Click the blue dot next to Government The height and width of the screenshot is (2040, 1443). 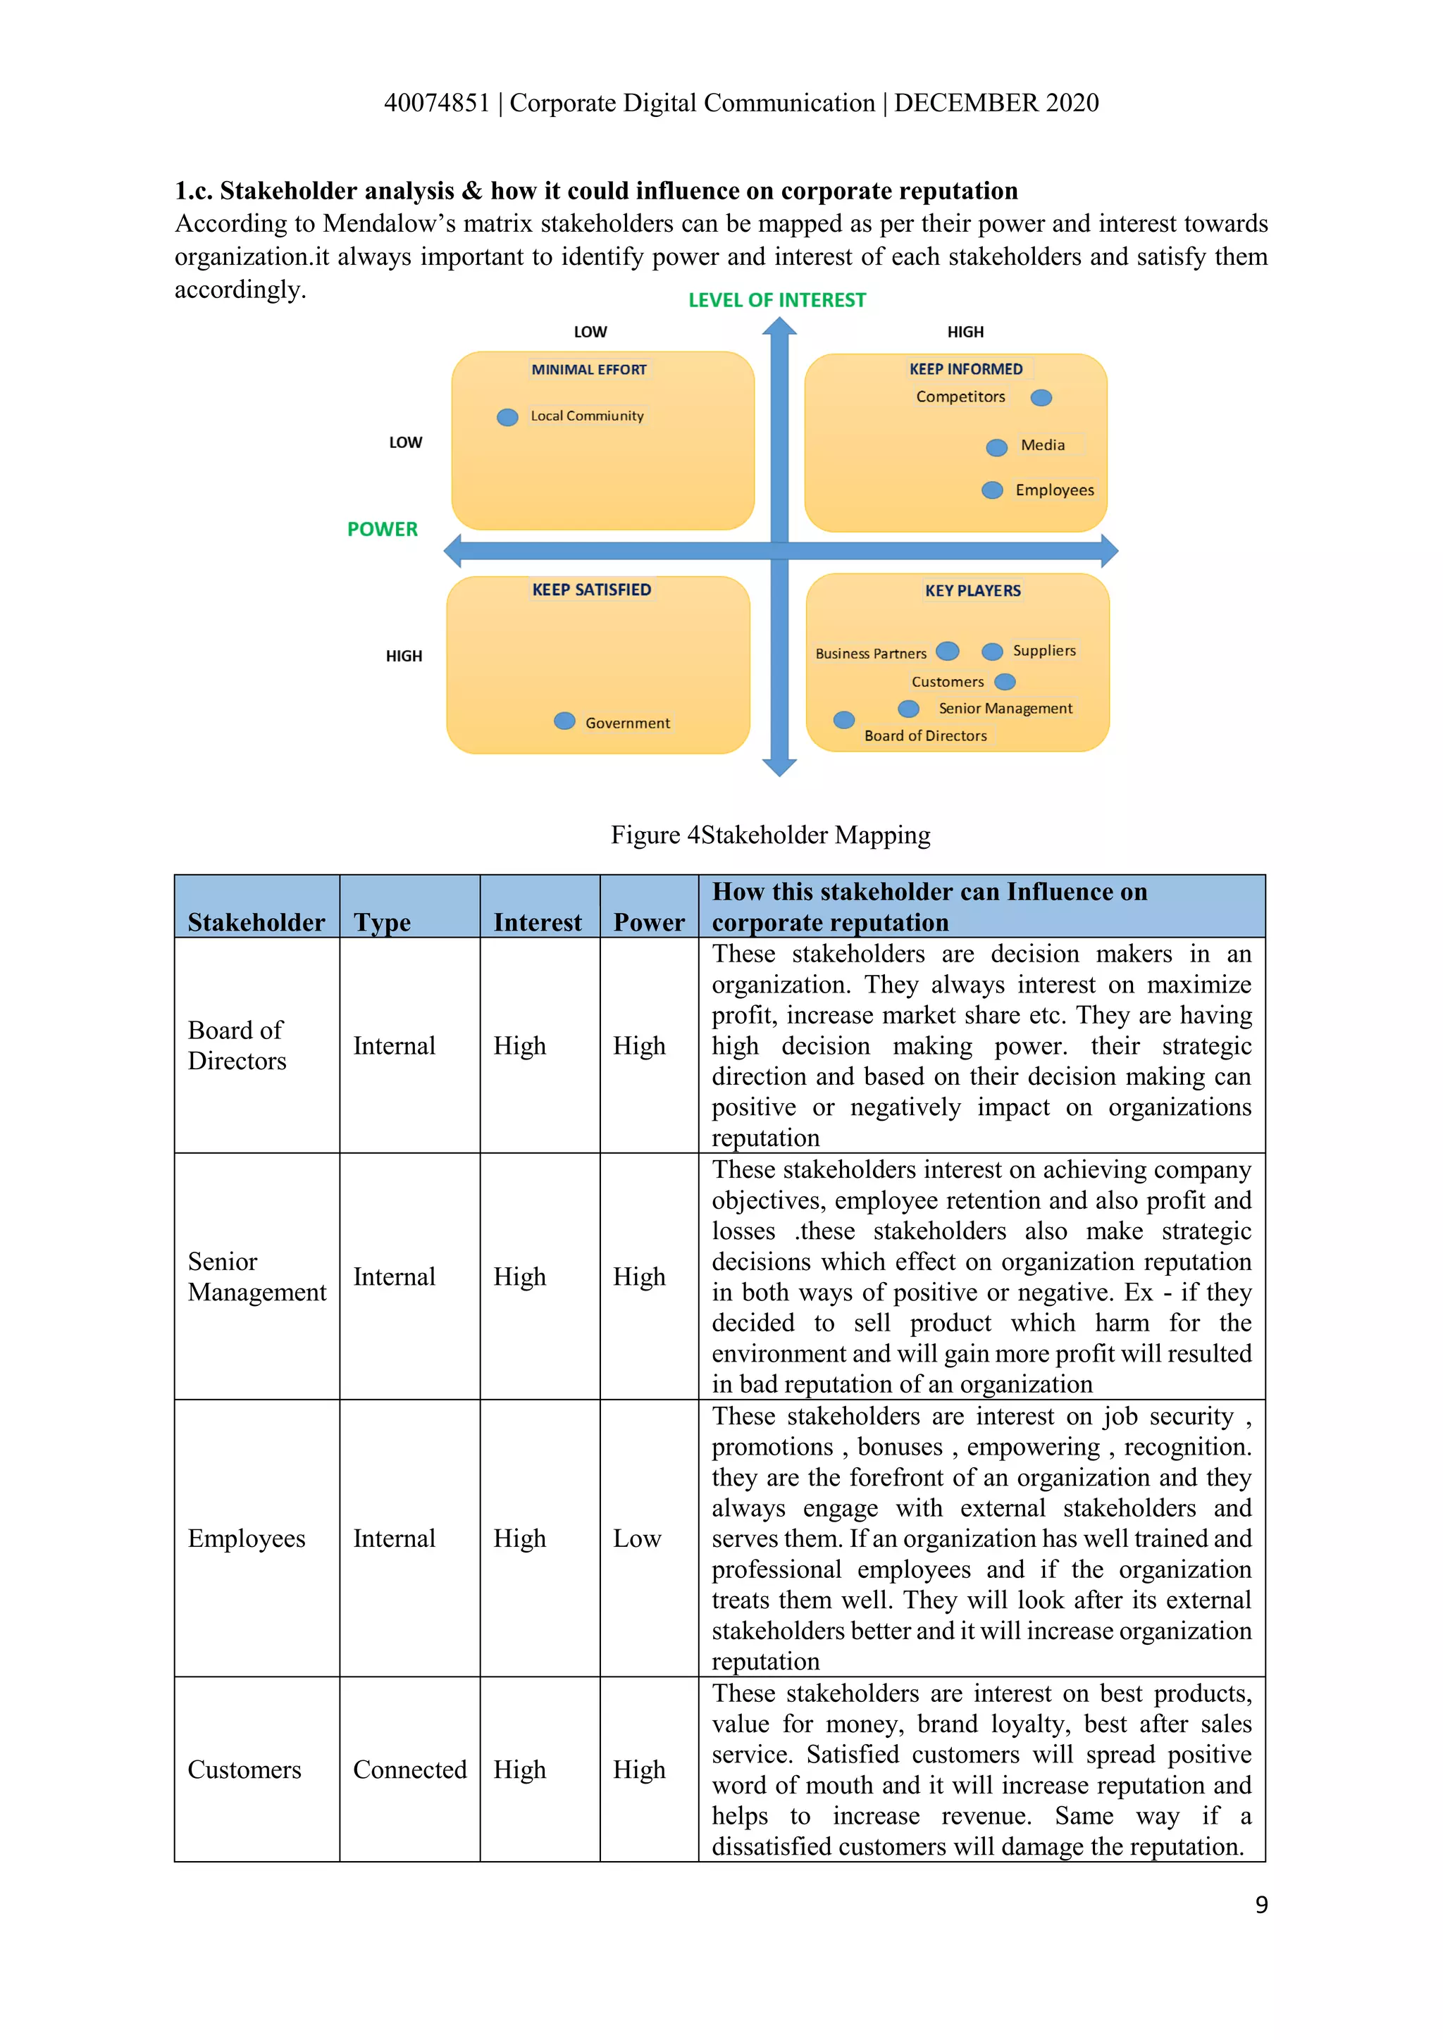coord(564,721)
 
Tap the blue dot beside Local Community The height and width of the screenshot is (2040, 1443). coord(507,417)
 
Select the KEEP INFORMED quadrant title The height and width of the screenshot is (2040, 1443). coord(965,368)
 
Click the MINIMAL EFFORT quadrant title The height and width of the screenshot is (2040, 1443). coord(588,370)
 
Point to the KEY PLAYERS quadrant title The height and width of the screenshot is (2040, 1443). coord(972,590)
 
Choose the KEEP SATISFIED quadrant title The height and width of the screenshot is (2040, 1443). coord(591,589)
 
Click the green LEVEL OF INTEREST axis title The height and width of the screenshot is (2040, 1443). coord(776,300)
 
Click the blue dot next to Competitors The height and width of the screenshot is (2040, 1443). coord(1041,397)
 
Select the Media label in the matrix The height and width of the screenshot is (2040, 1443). coord(1042,444)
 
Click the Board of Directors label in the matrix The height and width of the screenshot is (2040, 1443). coord(925,735)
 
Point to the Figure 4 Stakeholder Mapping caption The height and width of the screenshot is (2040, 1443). coord(769,835)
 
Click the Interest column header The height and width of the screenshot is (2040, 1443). coord(538,922)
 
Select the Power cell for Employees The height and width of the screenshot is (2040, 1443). coord(637,1538)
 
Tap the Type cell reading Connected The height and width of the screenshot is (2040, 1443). coord(409,1769)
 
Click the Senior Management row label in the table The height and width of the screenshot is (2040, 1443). coord(256,1277)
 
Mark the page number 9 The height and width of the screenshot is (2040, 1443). coord(1260,1904)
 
